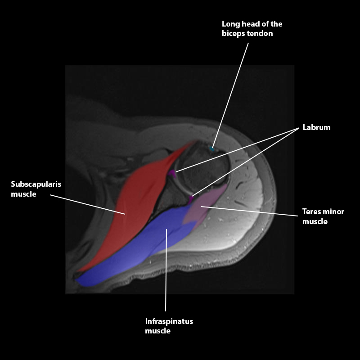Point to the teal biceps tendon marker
(x=212, y=148)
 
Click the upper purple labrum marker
(x=172, y=173)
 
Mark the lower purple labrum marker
(x=191, y=198)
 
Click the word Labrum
(x=316, y=127)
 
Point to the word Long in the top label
(x=230, y=24)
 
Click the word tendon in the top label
(x=260, y=34)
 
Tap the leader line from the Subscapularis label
(x=85, y=203)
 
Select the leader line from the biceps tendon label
(x=232, y=90)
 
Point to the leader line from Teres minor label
(x=252, y=211)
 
